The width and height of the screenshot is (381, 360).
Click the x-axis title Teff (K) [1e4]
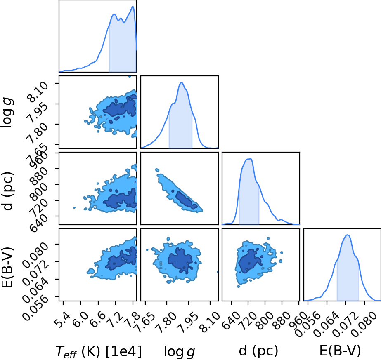[98, 351]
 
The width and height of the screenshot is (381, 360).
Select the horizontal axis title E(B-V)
[340, 351]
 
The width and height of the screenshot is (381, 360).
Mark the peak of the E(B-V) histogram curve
[348, 235]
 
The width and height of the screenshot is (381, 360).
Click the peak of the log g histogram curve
[182, 82]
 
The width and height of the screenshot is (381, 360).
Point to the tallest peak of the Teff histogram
[133, 6]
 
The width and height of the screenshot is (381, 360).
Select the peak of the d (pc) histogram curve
[250, 159]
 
